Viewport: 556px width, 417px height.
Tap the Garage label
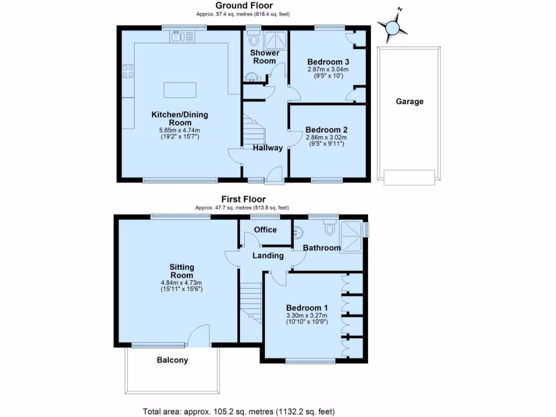click(409, 102)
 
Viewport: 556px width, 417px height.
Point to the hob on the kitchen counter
click(128, 71)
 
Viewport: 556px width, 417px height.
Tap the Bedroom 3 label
click(327, 61)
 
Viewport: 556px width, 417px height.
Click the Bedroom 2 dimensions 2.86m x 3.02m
click(326, 138)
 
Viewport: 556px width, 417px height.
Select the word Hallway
click(268, 148)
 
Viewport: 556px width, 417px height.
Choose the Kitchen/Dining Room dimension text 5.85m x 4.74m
click(180, 130)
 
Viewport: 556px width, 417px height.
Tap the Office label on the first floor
click(266, 230)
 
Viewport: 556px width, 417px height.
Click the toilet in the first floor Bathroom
click(330, 228)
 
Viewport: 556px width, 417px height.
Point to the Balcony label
click(172, 360)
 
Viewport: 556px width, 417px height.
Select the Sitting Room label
click(181, 271)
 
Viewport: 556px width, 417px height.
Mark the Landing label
click(268, 255)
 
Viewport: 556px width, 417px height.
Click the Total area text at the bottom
click(239, 410)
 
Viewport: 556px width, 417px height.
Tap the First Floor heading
click(243, 199)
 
